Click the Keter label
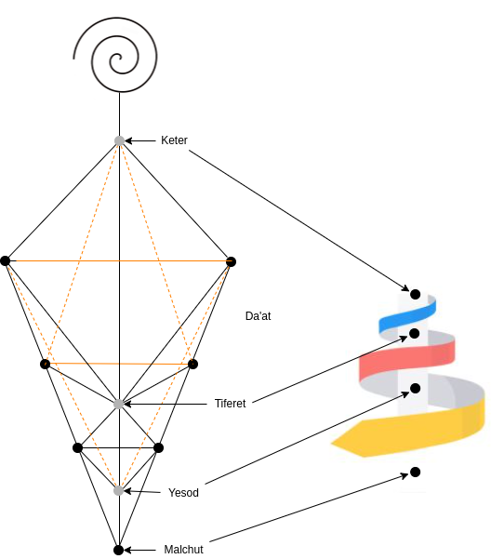point(174,140)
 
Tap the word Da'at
point(259,316)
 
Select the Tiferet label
point(230,404)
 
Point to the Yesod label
point(183,492)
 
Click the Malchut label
point(183,549)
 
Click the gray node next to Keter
point(120,140)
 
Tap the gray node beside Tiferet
point(119,404)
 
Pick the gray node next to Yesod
point(119,490)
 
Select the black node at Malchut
point(119,550)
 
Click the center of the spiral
point(119,58)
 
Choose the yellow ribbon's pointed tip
point(331,444)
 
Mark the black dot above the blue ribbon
point(416,295)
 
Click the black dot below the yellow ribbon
point(416,472)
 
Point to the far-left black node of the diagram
point(6,261)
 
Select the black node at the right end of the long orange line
point(231,261)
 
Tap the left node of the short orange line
point(45,364)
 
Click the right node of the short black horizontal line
point(159,447)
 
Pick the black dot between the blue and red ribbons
point(414,333)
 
